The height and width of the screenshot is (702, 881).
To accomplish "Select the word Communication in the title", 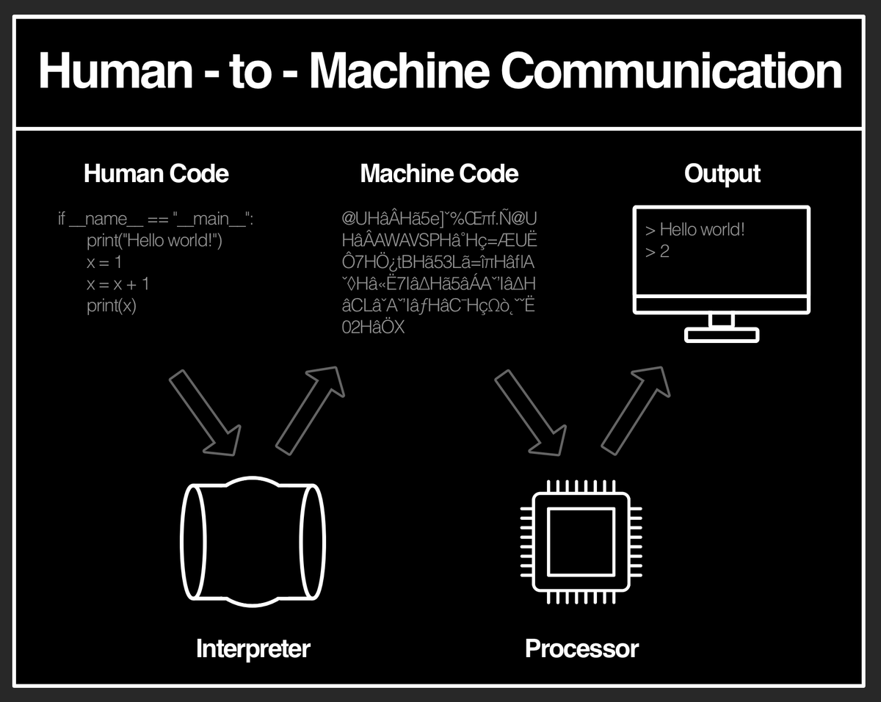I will click(673, 71).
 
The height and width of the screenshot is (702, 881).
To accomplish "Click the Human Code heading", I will click(156, 174).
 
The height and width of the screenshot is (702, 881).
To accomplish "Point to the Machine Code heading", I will click(439, 174).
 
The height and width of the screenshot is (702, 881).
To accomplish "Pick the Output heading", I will click(722, 174).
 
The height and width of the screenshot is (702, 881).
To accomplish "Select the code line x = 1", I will click(104, 262).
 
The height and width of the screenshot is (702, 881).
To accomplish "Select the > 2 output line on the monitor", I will click(657, 252).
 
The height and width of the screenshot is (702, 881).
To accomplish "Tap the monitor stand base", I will click(722, 335).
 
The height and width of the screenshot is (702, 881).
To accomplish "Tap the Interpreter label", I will click(253, 648).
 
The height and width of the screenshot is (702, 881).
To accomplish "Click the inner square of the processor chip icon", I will click(581, 541).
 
